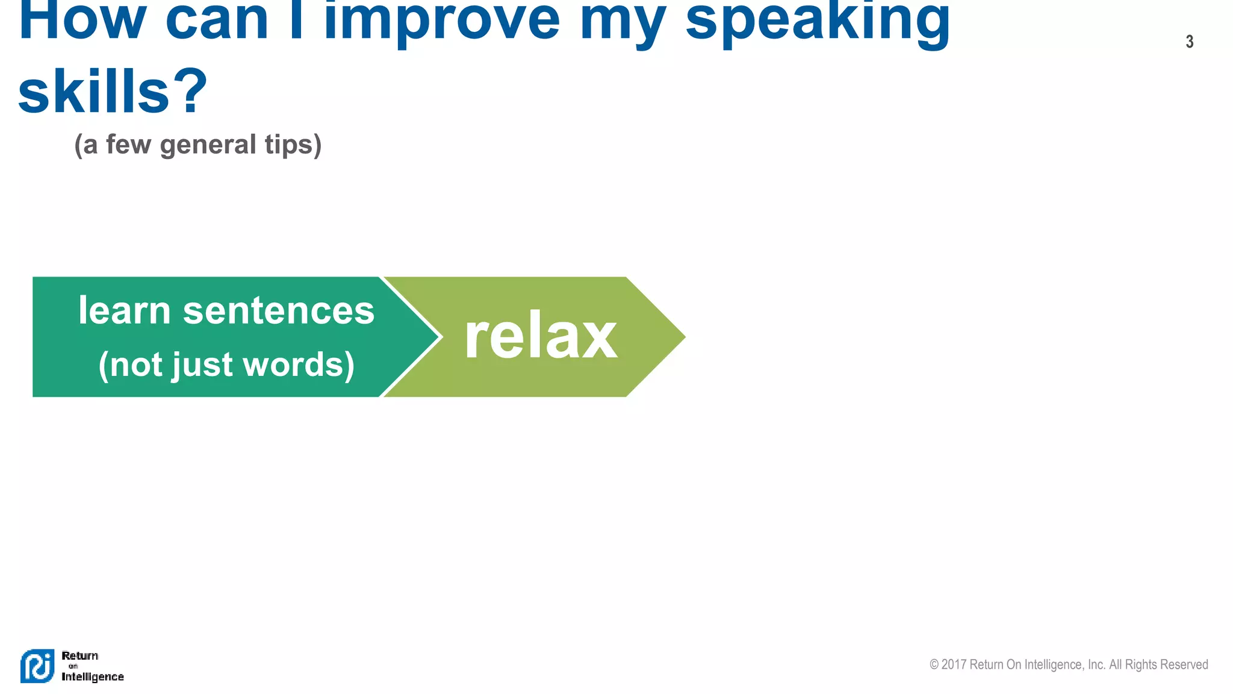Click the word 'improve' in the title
[x=442, y=21]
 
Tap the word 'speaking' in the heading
[x=818, y=21]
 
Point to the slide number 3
[x=1189, y=42]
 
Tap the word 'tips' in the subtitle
[x=293, y=145]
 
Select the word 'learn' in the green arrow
[x=125, y=311]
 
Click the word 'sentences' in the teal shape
[x=278, y=311]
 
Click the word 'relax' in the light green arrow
[x=541, y=337]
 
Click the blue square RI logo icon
[x=37, y=666]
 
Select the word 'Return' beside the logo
[x=79, y=655]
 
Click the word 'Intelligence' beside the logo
[x=93, y=677]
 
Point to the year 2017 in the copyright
[x=954, y=664]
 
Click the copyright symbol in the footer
[x=934, y=664]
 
